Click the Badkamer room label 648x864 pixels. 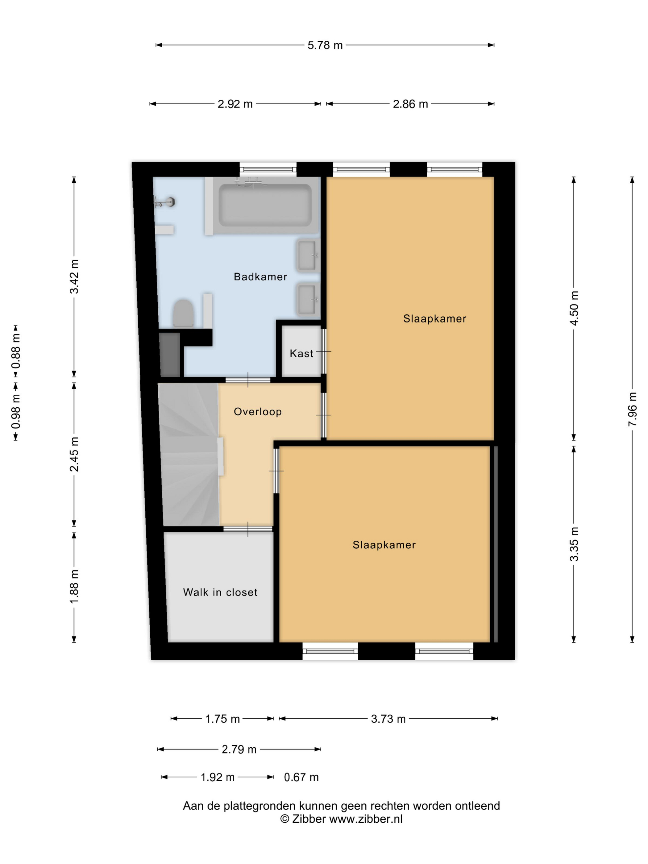tap(260, 276)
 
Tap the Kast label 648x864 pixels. tap(301, 354)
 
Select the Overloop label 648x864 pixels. tap(257, 412)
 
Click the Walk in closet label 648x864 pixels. tap(220, 592)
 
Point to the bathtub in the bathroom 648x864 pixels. tap(265, 206)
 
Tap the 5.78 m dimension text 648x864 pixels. tap(325, 45)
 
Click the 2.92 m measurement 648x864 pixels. tap(235, 104)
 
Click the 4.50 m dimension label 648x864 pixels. tap(574, 308)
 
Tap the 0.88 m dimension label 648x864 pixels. tap(16, 351)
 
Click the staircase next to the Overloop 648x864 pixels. tap(190, 454)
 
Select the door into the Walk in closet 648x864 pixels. tap(248, 529)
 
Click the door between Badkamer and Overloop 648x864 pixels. tap(248, 380)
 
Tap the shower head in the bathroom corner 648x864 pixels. tap(164, 202)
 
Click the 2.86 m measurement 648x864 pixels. tap(410, 104)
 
